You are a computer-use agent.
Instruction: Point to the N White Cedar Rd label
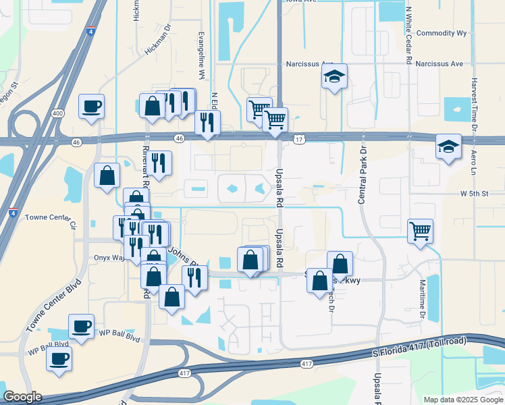point(409,35)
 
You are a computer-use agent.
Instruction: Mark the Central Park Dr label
point(362,175)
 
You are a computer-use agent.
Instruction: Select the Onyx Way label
point(107,257)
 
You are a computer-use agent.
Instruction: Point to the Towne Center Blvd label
point(53,304)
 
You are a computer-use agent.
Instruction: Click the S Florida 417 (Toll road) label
point(420,348)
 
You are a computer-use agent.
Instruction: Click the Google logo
point(22,397)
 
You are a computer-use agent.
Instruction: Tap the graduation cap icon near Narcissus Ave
point(334,78)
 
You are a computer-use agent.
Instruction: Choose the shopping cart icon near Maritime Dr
point(420,230)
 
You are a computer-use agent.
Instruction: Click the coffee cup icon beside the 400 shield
point(91,106)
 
